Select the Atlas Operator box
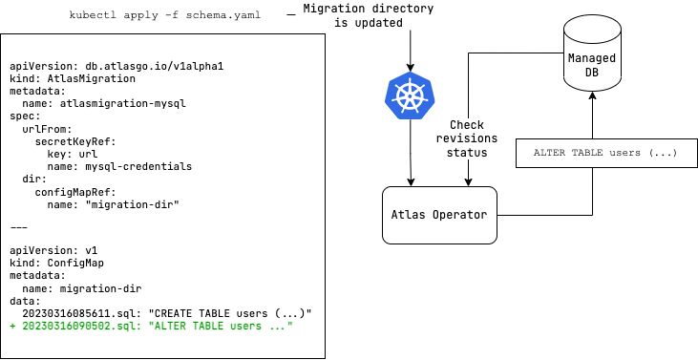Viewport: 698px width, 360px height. [x=438, y=214]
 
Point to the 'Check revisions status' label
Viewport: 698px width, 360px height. [x=468, y=138]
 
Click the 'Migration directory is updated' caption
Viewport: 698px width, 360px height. [x=368, y=16]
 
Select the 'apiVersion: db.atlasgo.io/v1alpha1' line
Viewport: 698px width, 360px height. [x=116, y=67]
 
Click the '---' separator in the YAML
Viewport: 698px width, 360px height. [x=19, y=227]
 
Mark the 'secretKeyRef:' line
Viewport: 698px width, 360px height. [x=75, y=140]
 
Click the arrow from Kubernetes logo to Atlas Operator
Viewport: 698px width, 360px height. [x=411, y=153]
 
